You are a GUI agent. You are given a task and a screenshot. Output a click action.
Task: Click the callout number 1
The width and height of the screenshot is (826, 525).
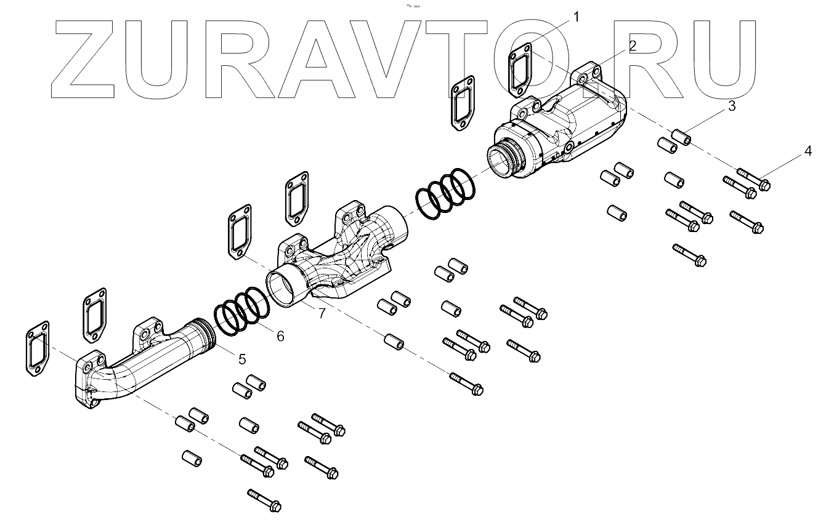coord(577,17)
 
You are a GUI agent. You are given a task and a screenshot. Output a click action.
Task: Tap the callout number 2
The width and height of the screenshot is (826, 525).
coord(633,46)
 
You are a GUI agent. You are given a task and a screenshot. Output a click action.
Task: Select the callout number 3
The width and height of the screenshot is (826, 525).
coord(732,106)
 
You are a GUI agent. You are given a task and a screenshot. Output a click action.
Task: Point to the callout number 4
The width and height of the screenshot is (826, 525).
coord(808,151)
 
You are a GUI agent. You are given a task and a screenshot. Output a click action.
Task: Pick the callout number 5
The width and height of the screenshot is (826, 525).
coord(242,359)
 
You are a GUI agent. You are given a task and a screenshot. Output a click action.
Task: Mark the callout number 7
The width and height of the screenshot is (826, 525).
coord(322,313)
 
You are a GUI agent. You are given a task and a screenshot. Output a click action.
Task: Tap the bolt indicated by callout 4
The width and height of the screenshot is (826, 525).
coord(753,180)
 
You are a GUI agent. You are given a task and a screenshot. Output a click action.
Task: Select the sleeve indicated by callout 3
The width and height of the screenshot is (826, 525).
coord(681,137)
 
